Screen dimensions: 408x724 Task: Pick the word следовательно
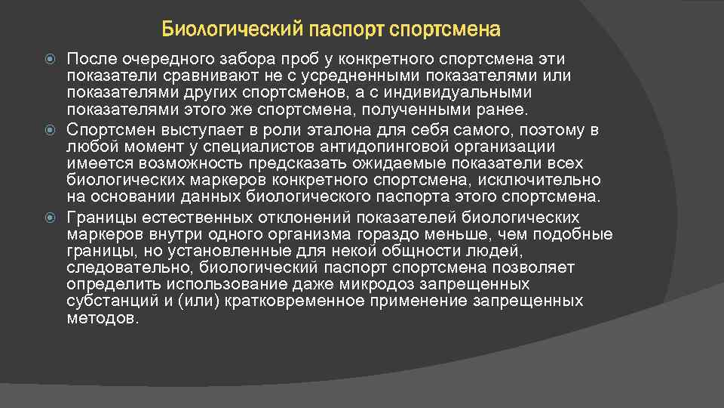[x=128, y=267]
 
